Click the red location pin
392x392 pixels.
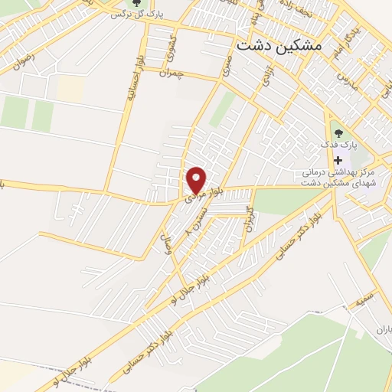point(196,180)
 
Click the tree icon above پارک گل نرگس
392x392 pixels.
point(137,2)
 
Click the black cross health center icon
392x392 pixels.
point(337,159)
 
